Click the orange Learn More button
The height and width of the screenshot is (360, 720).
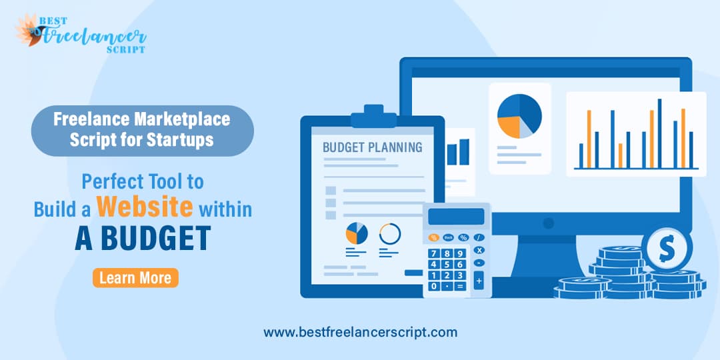[x=135, y=278]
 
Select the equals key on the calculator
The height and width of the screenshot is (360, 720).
[x=459, y=286]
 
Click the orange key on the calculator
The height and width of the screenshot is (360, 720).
[x=433, y=237]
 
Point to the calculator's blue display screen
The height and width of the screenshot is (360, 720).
[x=456, y=217]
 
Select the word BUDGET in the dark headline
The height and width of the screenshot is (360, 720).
[x=155, y=237]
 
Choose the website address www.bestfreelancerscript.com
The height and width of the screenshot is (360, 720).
[x=361, y=332]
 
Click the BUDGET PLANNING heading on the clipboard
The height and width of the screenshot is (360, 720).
[x=373, y=147]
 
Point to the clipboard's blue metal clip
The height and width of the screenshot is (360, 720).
[x=374, y=117]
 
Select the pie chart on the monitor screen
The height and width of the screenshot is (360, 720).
[x=519, y=116]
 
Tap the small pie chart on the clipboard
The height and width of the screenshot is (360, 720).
[x=357, y=233]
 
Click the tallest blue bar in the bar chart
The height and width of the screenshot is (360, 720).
[x=660, y=133]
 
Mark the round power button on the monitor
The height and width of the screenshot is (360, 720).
[x=548, y=223]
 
